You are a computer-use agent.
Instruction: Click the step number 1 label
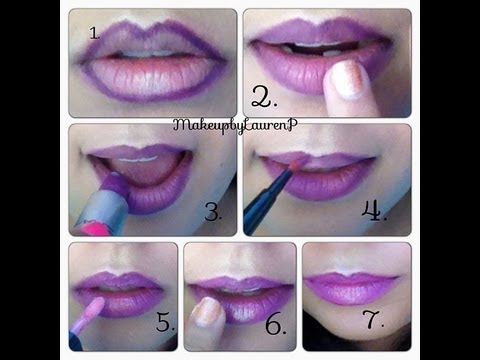point(94,32)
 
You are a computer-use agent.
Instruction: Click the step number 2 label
point(263,96)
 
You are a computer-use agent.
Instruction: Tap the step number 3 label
point(211,211)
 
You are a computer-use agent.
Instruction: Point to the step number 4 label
point(370,211)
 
